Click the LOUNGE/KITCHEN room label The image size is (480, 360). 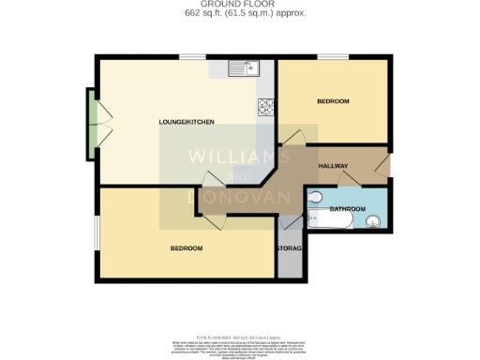point(187,123)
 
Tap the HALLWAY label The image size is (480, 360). point(333,166)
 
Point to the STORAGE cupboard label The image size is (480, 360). point(290,249)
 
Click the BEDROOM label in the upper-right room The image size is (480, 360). point(332,101)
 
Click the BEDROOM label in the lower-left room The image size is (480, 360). point(186,248)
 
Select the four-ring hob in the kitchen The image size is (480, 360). point(265,106)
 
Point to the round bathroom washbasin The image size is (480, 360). point(374,222)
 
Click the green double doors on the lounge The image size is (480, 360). point(92,124)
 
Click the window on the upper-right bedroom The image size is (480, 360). point(332,59)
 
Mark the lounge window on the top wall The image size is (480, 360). point(193,59)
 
